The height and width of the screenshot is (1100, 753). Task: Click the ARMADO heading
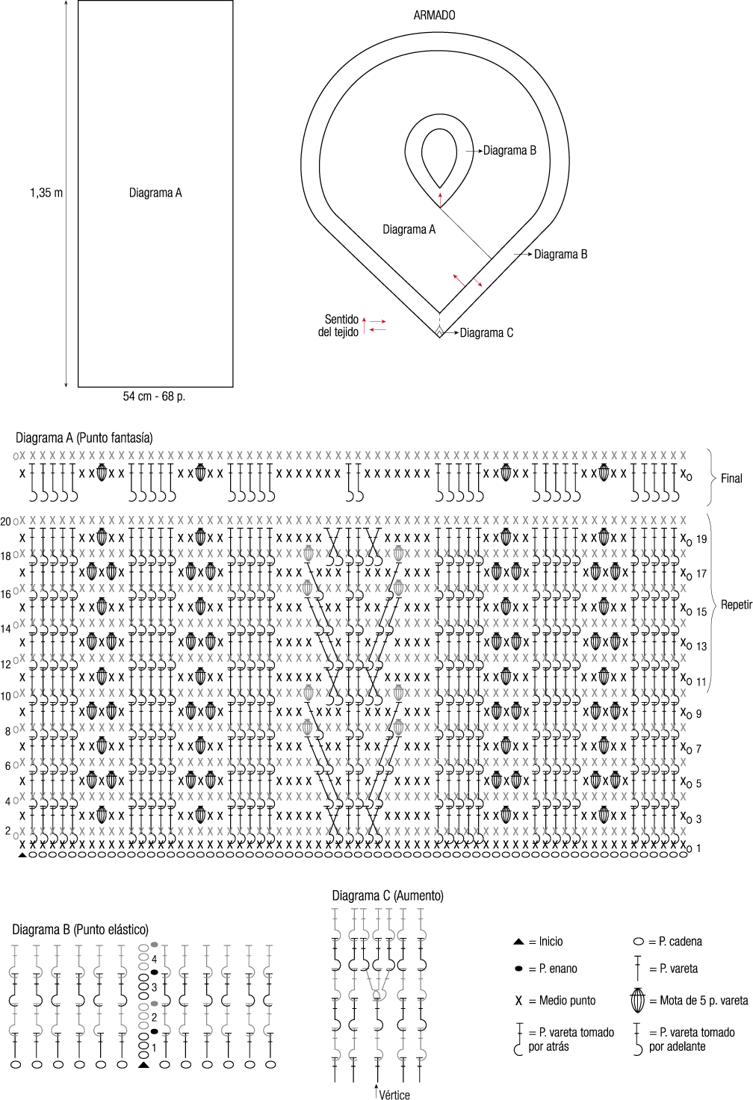click(434, 15)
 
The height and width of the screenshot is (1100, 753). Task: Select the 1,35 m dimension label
click(46, 193)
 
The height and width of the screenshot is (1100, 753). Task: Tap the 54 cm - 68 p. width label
click(154, 397)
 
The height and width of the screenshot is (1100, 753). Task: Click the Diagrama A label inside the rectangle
click(155, 193)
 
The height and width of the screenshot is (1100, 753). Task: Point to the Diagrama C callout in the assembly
click(486, 333)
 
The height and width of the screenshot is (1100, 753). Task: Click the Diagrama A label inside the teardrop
click(409, 229)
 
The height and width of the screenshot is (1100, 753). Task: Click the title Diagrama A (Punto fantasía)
click(84, 438)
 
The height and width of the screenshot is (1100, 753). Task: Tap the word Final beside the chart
click(731, 479)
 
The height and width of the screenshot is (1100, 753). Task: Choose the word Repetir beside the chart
click(736, 605)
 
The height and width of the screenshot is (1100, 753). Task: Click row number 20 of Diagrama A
click(6, 521)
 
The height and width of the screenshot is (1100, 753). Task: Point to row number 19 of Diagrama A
click(701, 539)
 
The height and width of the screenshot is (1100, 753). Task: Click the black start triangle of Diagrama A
click(22, 854)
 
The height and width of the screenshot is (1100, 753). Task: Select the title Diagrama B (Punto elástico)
click(80, 930)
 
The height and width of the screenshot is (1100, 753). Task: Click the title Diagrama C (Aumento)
click(388, 895)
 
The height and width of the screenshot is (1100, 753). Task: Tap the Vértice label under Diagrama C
click(394, 1095)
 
